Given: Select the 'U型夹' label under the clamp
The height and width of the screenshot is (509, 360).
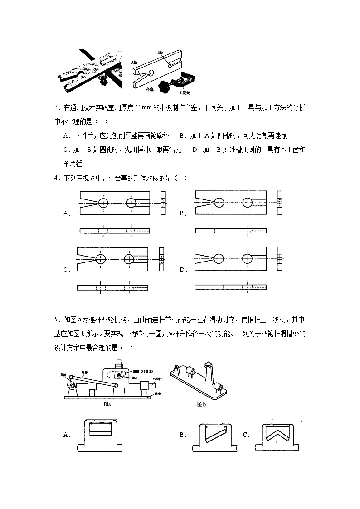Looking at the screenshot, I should click(x=185, y=92).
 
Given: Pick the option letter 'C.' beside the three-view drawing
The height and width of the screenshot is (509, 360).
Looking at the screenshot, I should click(x=67, y=270).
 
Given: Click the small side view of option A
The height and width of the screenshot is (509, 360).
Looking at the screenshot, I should click(x=163, y=203).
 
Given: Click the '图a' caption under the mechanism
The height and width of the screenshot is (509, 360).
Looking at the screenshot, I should click(x=107, y=403).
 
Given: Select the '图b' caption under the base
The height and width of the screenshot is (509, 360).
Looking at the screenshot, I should click(x=201, y=403).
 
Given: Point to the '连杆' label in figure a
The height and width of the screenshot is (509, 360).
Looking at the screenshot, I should click(x=84, y=372).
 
